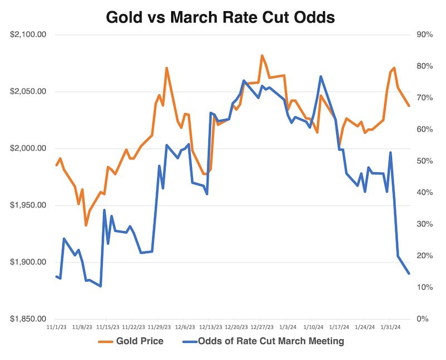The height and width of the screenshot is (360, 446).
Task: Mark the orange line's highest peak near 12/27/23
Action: tap(261, 55)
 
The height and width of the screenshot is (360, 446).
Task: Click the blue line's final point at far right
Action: tap(409, 274)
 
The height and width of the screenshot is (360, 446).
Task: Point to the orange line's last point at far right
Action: tap(409, 106)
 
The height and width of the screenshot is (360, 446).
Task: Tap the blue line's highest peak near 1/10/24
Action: tap(321, 76)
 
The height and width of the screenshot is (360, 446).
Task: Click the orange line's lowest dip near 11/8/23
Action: tap(86, 225)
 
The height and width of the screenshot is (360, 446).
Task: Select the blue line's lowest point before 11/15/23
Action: tap(100, 286)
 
